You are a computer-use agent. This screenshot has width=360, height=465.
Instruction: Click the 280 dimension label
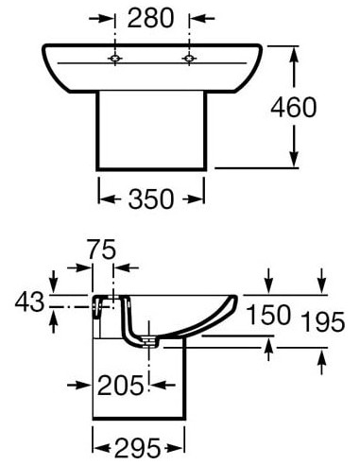tap(150, 18)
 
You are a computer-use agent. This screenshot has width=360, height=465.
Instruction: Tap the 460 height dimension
tap(293, 108)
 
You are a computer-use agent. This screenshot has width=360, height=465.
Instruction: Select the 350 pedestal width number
tap(151, 198)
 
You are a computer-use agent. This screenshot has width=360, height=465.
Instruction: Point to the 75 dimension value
tap(102, 250)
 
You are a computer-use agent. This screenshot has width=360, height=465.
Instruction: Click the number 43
tap(29, 301)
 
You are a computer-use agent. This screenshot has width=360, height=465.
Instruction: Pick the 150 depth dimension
tap(268, 315)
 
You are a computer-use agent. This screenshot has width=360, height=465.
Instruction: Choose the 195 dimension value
tap(323, 321)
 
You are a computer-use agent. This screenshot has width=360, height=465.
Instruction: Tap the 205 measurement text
tap(121, 386)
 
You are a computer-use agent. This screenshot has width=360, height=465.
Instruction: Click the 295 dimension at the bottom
tap(138, 448)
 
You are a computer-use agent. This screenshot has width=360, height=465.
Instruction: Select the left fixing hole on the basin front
tap(115, 59)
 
